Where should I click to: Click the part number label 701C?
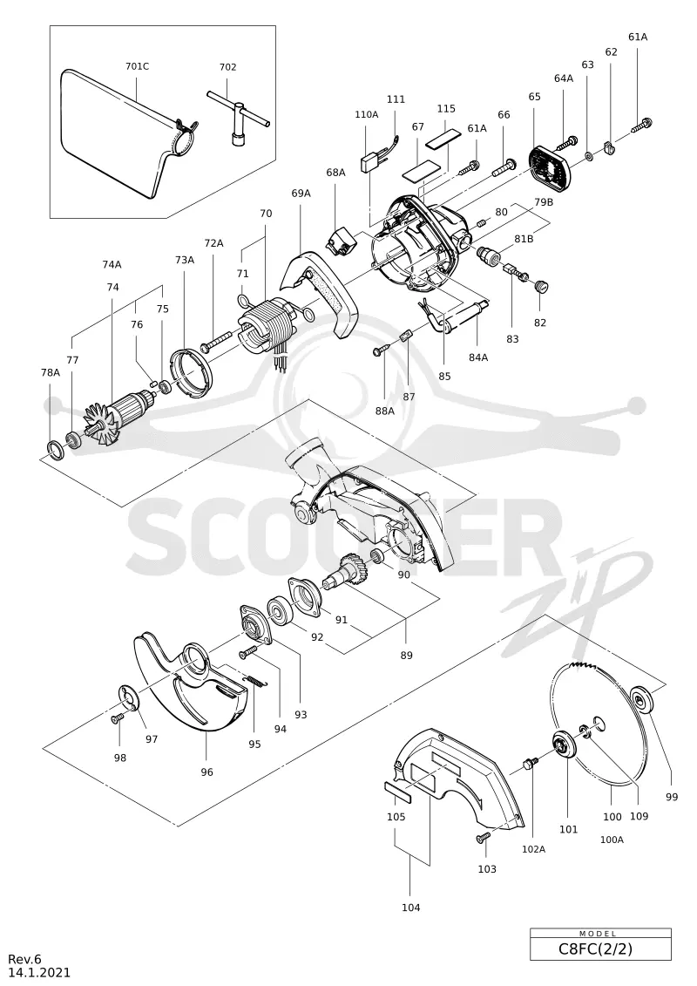137,66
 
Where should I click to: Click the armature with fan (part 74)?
118,416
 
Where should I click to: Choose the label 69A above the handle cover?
301,193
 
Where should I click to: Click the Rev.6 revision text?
24,959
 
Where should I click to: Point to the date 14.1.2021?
39,973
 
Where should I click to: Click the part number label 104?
410,908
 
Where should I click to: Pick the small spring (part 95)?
254,680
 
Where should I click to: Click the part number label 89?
407,656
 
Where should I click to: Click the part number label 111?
396,99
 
